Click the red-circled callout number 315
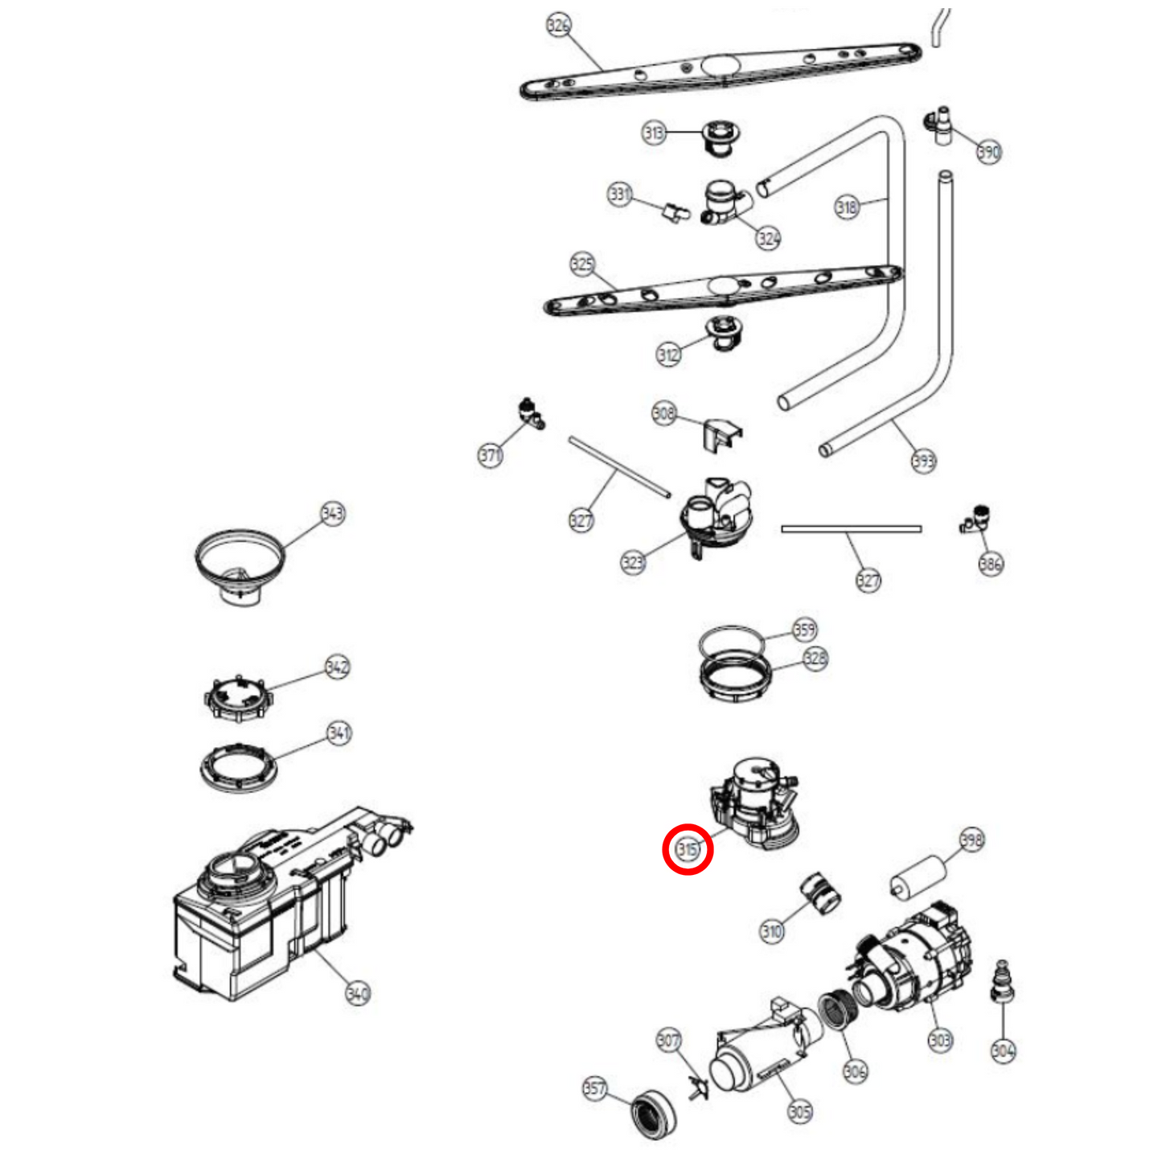point(688,848)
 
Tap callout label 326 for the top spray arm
point(558,25)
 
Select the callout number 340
point(358,993)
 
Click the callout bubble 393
point(924,461)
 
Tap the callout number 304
point(1003,1050)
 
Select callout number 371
point(490,455)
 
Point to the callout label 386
point(991,564)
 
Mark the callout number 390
point(988,151)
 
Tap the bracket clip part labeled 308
point(721,434)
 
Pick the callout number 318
point(847,207)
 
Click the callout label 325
point(582,264)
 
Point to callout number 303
point(940,1040)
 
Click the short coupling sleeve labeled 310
point(820,893)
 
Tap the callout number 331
point(619,194)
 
